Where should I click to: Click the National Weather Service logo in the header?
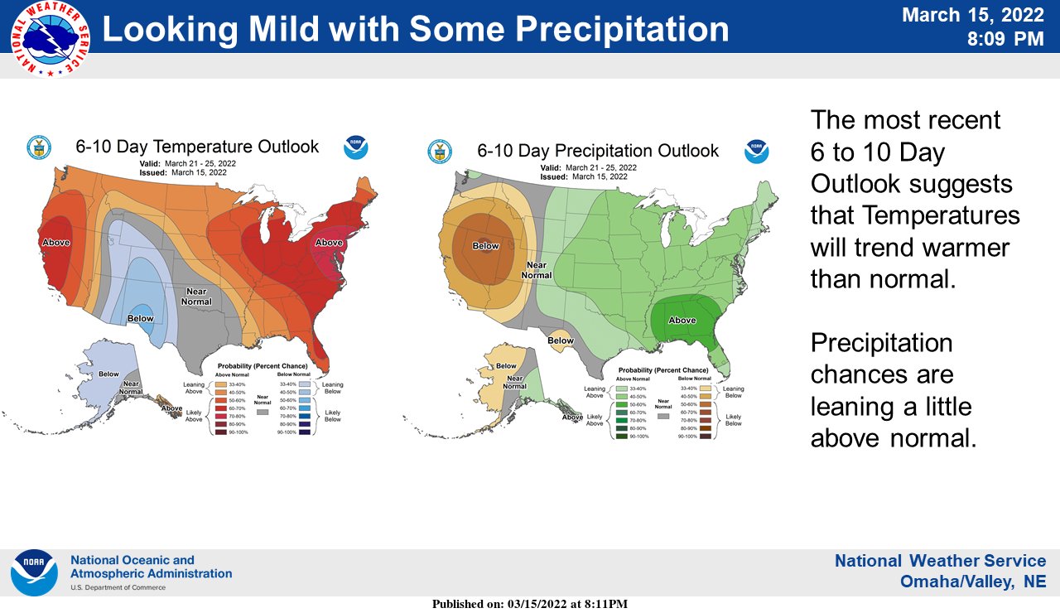(x=50, y=39)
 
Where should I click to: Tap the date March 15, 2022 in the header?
(x=972, y=15)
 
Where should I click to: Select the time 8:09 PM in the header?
(x=1006, y=39)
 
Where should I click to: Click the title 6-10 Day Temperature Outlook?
(x=197, y=147)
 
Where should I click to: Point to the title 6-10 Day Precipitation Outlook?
(x=598, y=151)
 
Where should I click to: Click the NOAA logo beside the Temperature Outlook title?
(x=356, y=147)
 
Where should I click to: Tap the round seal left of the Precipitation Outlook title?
(x=440, y=151)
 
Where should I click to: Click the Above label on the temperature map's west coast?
(x=56, y=243)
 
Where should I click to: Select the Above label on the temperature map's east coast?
(x=329, y=243)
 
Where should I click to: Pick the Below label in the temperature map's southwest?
(x=140, y=318)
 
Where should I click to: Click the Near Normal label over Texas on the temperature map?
(x=195, y=296)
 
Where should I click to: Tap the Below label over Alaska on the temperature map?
(x=108, y=374)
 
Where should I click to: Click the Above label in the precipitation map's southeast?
(x=682, y=321)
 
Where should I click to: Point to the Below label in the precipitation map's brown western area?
(x=485, y=246)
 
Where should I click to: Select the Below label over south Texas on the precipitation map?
(x=561, y=340)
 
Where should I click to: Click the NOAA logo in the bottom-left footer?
(x=34, y=572)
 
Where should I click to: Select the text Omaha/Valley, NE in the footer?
(x=973, y=582)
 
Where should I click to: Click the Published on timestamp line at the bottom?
(x=530, y=604)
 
